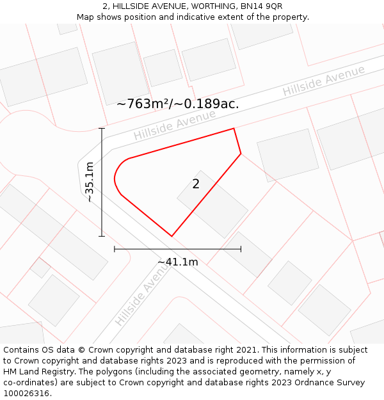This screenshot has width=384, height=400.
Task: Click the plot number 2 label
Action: [196, 184]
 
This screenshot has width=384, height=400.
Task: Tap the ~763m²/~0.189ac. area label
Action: [178, 104]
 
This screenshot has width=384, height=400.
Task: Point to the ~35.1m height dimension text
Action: [90, 182]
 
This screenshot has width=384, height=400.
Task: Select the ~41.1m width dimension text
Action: [178, 262]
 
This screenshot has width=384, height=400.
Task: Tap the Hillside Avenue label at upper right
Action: [324, 81]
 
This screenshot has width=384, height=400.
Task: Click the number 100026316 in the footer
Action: [26, 393]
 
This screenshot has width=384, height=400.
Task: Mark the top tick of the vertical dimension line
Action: [102, 129]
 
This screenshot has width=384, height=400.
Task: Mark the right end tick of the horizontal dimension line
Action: [241, 249]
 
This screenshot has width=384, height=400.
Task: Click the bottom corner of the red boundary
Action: [172, 236]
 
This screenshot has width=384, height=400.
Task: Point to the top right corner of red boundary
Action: [234, 129]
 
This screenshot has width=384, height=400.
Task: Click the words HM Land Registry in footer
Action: [33, 371]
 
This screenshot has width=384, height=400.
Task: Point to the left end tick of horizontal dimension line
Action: [115, 249]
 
